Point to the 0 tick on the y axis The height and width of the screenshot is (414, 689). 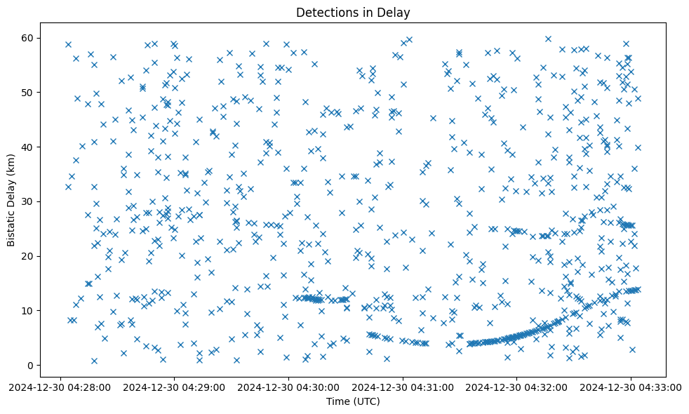(x=30, y=365)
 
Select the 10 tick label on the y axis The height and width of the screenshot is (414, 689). (x=27, y=310)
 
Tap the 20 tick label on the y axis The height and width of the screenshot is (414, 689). (x=27, y=256)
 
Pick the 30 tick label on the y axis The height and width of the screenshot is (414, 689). (x=27, y=201)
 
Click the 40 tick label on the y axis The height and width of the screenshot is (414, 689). (x=27, y=147)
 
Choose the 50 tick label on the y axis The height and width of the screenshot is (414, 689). (x=27, y=92)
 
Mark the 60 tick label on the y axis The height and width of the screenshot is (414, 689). (x=27, y=38)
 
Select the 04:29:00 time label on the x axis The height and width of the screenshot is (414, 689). (x=175, y=387)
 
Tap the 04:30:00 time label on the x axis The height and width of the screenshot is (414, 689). (x=289, y=387)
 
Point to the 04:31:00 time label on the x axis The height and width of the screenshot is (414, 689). (x=403, y=387)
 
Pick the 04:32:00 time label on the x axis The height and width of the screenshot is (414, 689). (x=517, y=387)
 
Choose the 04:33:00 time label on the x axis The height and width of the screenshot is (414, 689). (x=631, y=387)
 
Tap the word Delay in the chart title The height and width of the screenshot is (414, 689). (x=395, y=13)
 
